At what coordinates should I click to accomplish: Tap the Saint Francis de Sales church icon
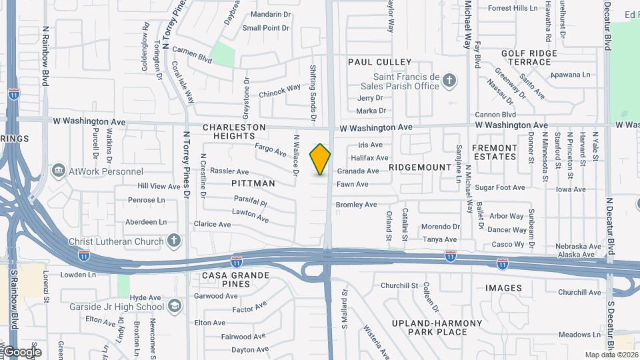(449, 81)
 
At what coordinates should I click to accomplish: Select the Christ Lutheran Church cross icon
(174, 239)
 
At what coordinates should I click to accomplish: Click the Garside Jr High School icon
(174, 306)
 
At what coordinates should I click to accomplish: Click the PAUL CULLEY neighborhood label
(380, 62)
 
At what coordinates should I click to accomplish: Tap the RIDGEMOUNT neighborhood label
(420, 167)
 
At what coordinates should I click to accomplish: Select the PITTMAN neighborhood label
(253, 183)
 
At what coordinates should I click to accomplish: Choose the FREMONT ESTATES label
(495, 152)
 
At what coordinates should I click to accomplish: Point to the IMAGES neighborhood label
(504, 288)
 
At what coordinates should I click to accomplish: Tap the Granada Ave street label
(357, 171)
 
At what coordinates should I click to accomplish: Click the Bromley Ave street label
(356, 205)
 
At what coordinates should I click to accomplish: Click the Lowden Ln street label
(78, 275)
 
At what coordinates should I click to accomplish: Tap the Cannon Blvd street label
(496, 115)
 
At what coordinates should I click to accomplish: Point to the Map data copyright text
(611, 355)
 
